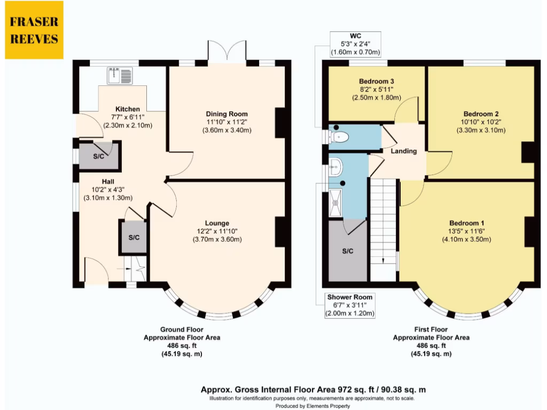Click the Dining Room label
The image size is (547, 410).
tap(226, 114)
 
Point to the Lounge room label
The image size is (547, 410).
tap(217, 223)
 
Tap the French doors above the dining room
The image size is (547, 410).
tap(227, 51)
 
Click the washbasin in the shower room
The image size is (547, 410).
tap(335, 170)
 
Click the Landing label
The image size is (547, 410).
tap(403, 151)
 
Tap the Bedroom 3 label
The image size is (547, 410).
tap(377, 81)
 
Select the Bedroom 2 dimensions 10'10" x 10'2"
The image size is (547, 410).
tap(481, 122)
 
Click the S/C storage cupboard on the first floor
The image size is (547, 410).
tap(347, 251)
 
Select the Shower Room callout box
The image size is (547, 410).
tap(350, 305)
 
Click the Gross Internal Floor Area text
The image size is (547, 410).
tap(313, 390)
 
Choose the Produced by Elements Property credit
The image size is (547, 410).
tap(313, 406)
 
